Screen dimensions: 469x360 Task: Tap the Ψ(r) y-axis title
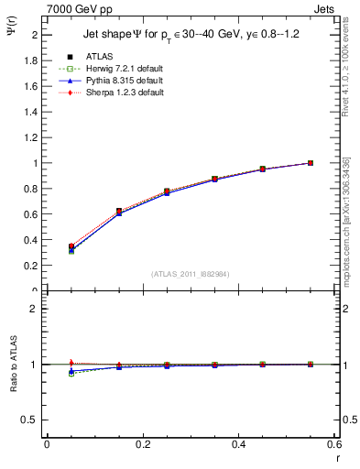13,29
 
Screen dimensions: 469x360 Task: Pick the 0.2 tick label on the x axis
142,444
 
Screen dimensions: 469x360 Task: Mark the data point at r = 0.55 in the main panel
311,163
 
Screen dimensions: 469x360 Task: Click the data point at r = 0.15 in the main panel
118,212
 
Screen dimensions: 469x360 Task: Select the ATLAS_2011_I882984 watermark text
190,274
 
